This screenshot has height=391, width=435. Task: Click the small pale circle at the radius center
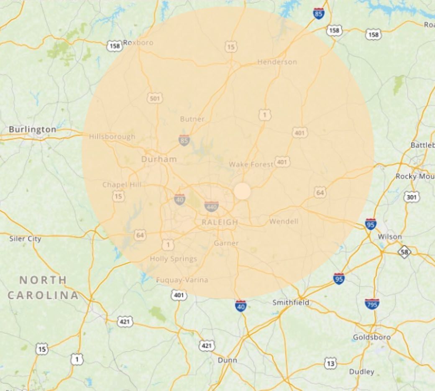tap(242, 191)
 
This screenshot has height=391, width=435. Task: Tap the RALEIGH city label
tap(220, 222)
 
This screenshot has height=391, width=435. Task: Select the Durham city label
tap(159, 159)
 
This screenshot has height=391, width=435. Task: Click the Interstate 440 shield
tap(211, 206)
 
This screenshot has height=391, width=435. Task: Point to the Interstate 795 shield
tap(372, 304)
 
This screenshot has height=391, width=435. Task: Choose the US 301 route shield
tap(411, 197)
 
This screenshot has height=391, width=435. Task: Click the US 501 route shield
tap(154, 98)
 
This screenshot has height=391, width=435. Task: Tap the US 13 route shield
tap(330, 363)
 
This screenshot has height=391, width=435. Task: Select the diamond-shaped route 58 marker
tap(404, 252)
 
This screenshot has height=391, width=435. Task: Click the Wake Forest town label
tap(251, 164)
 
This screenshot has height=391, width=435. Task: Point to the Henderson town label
tap(277, 62)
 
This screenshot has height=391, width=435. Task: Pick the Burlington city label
tap(33, 129)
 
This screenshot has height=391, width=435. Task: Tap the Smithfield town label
tap(291, 302)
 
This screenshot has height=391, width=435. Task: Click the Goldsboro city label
tap(371, 337)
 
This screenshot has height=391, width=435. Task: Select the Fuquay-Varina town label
tap(182, 280)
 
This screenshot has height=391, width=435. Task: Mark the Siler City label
tap(26, 239)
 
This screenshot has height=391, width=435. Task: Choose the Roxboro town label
tap(138, 42)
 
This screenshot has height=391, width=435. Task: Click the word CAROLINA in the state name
tap(43, 295)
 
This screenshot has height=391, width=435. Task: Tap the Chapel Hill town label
tap(122, 185)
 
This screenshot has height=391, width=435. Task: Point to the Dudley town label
tap(361, 371)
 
